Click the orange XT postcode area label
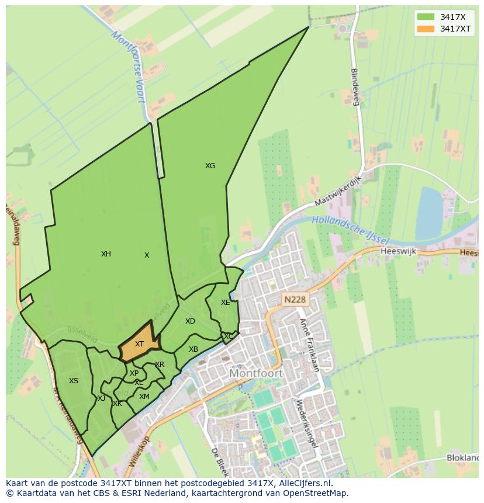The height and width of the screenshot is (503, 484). [139, 344]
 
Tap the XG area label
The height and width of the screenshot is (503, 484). [210, 166]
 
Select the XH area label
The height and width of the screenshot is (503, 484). [106, 254]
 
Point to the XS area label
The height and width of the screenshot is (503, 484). [73, 381]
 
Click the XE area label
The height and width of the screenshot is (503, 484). [225, 303]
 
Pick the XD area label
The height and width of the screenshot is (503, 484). [190, 321]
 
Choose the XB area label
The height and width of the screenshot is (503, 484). [193, 349]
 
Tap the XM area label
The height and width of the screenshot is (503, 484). [144, 397]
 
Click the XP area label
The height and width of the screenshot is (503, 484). [134, 373]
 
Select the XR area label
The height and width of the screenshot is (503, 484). [160, 365]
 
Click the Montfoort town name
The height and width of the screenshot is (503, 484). [256, 373]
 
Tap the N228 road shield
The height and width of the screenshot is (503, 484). [295, 300]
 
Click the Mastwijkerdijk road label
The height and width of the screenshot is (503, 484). [338, 191]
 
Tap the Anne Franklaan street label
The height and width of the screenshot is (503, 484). [309, 345]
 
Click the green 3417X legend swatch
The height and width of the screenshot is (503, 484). [426, 16]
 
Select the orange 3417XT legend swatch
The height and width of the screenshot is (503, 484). [426, 29]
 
